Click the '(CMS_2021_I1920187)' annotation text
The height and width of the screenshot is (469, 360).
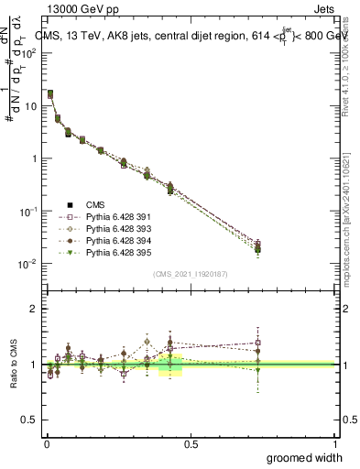coord(191,273)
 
